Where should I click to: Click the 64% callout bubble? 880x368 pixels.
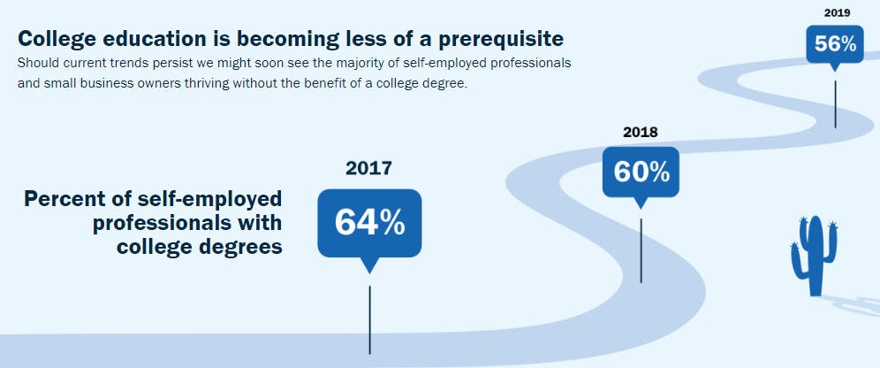pos(369,223)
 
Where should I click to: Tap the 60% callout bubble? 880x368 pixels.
pos(641,172)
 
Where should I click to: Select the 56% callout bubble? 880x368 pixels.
pos(835,43)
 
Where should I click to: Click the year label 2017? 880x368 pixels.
pos(368,168)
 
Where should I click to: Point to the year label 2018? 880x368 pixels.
pos(641,133)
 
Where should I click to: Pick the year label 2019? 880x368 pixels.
pos(836,12)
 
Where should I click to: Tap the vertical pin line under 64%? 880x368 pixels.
pos(369,318)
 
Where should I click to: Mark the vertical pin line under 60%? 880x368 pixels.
pos(641,249)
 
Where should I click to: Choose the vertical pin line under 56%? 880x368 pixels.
pos(835,103)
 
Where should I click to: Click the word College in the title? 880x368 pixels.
pos(53,39)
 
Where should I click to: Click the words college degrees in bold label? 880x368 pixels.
pos(200,246)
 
